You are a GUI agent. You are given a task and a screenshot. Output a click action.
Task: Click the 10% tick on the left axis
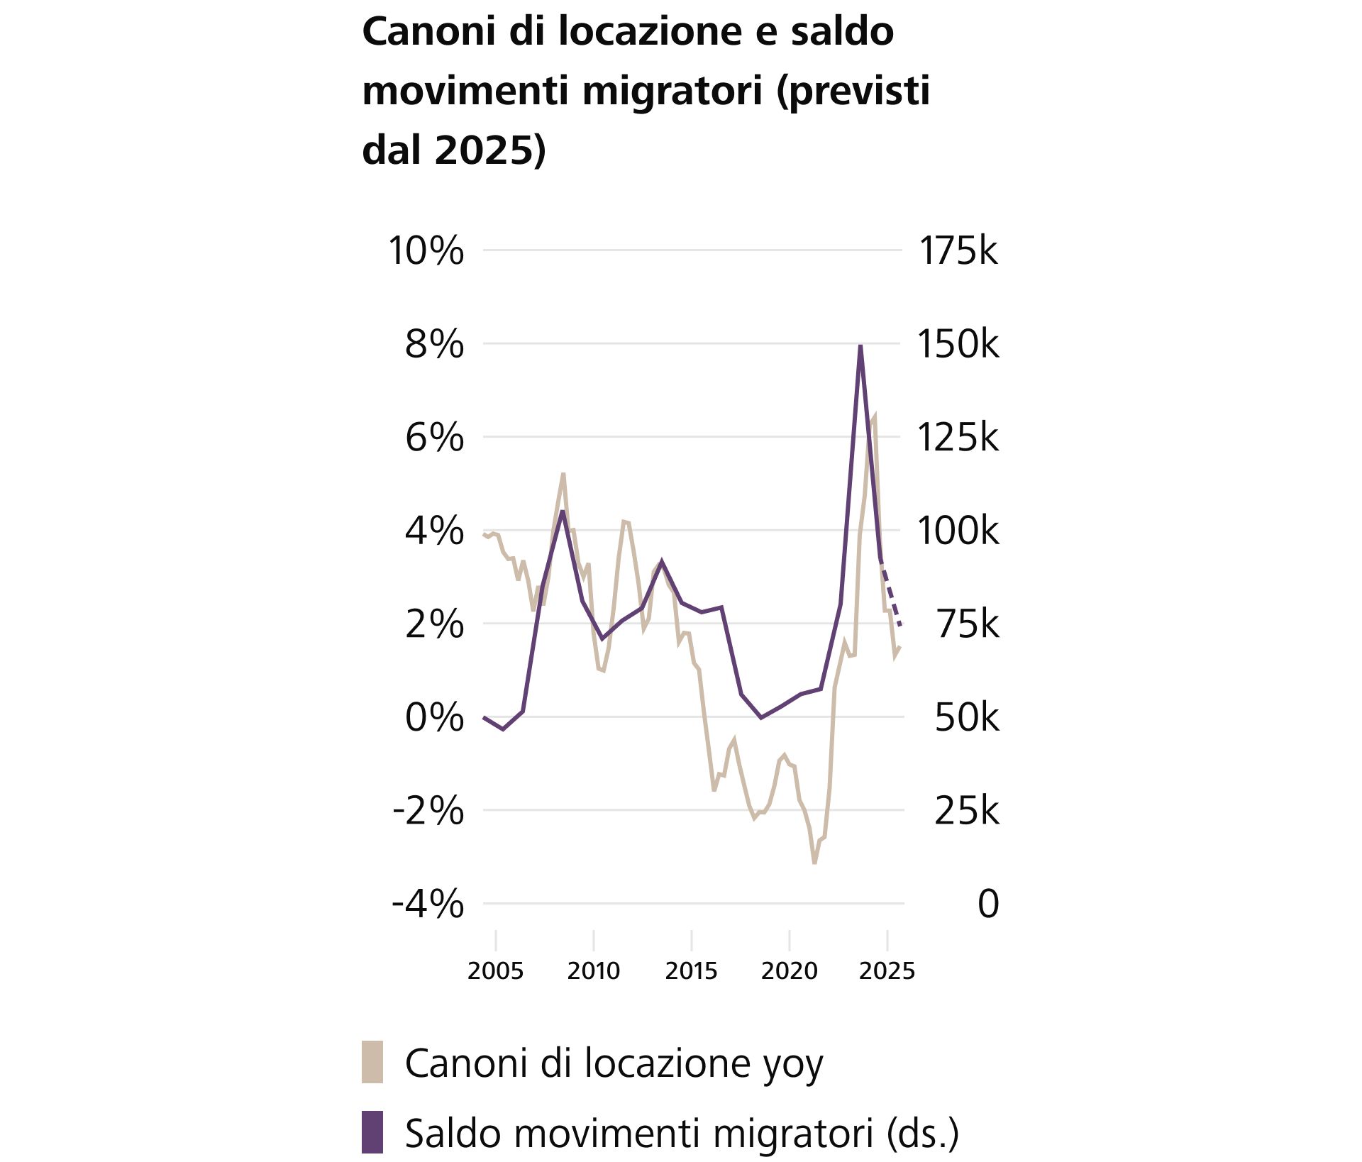(426, 250)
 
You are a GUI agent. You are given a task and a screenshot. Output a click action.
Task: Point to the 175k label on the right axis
(958, 250)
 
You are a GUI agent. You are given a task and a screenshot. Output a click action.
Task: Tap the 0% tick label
(433, 717)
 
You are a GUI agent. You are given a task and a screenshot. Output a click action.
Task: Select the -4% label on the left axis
(428, 904)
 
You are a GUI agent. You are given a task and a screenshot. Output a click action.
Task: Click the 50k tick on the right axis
(966, 717)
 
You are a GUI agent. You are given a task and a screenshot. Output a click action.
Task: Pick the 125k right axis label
(958, 437)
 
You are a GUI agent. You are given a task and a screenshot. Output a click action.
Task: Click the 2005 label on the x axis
(495, 970)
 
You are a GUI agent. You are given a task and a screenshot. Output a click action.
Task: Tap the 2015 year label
(691, 970)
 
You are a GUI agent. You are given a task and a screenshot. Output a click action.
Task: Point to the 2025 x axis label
(887, 970)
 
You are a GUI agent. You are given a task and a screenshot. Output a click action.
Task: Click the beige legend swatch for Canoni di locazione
(372, 1062)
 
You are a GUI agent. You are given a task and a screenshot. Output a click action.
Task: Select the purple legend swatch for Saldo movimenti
(372, 1132)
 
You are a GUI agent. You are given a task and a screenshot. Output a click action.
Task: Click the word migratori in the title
(672, 91)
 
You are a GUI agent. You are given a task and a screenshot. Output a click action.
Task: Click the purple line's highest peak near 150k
(860, 347)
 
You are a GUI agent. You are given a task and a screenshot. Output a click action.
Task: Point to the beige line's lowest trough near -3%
(814, 862)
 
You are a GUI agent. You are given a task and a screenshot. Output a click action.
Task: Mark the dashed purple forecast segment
(891, 596)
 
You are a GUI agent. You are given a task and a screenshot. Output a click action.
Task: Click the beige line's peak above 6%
(874, 416)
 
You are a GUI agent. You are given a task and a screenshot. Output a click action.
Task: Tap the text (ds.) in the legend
(922, 1134)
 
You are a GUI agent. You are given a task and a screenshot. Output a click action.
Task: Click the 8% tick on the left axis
(433, 344)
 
